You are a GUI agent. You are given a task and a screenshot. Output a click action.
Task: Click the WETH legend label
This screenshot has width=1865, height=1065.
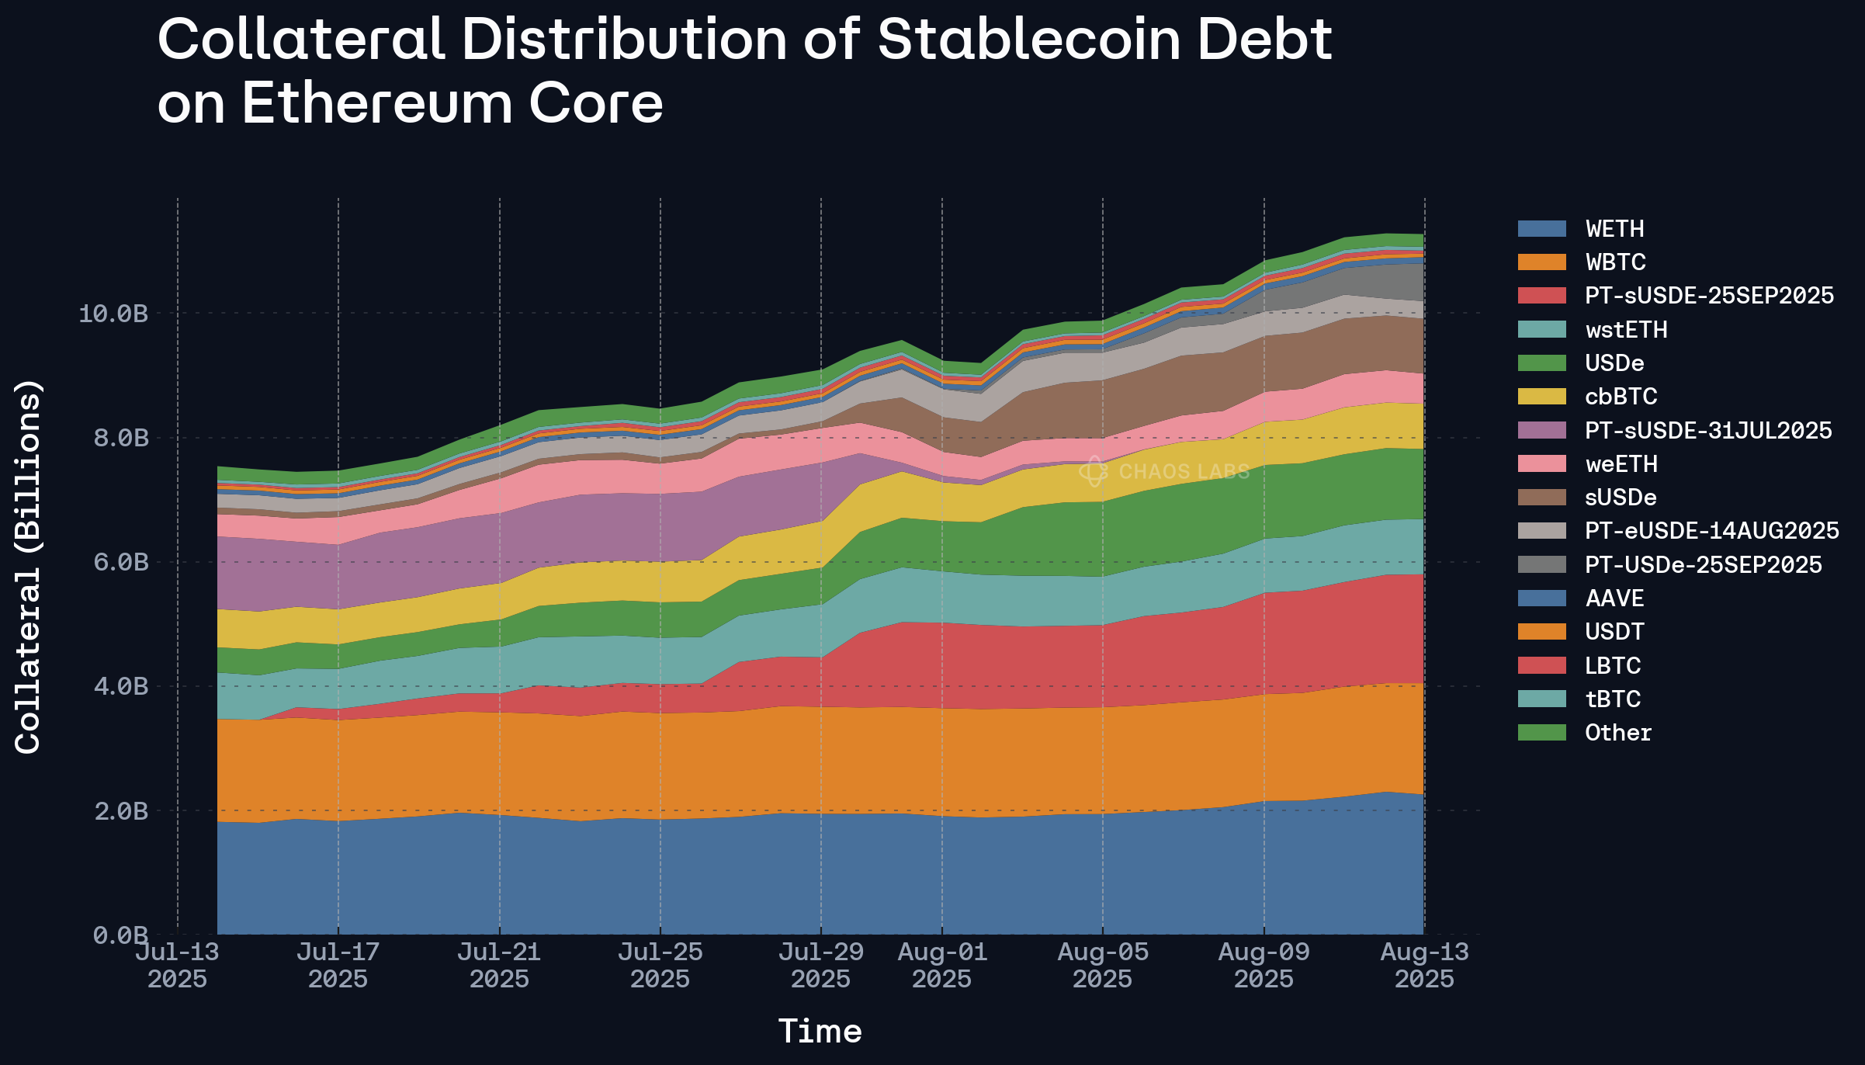click(x=1614, y=229)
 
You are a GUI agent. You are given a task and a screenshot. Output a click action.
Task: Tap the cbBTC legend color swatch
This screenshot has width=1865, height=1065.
click(x=1542, y=397)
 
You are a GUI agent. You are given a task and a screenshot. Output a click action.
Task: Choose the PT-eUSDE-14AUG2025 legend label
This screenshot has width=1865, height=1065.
click(x=1711, y=531)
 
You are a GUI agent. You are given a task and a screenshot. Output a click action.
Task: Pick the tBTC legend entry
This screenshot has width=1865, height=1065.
click(x=1613, y=699)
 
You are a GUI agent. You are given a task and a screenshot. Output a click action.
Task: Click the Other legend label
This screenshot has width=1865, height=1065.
click(x=1618, y=733)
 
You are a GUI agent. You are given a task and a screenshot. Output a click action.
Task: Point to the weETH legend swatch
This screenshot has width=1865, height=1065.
click(x=1542, y=464)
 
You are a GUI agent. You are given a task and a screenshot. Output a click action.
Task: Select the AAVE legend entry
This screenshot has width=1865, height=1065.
click(x=1614, y=598)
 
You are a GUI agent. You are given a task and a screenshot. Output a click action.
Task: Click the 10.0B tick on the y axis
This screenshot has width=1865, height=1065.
click(x=113, y=314)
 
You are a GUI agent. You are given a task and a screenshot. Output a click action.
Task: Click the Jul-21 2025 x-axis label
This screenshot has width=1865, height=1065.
click(x=499, y=965)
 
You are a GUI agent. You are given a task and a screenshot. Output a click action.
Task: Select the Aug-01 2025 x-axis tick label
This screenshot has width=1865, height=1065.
click(x=942, y=965)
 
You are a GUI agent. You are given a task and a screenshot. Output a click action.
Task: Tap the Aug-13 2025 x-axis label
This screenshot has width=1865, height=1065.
click(x=1424, y=965)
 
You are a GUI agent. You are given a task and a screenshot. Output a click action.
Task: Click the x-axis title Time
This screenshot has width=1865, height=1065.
click(x=820, y=1032)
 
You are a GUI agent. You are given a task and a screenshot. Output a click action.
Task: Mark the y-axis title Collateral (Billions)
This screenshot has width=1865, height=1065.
click(x=28, y=567)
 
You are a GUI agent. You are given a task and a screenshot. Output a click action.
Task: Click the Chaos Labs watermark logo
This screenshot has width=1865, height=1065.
click(x=1093, y=471)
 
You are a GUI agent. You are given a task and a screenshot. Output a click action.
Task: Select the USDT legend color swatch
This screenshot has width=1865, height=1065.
click(x=1542, y=632)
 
